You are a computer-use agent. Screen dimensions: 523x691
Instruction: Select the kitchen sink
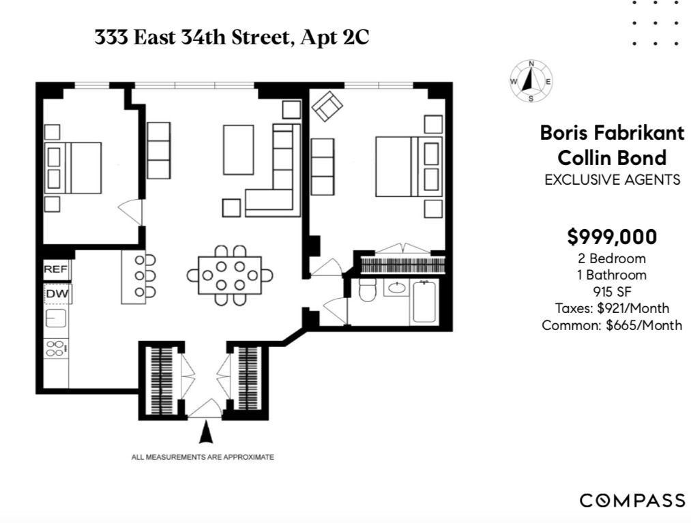(x=55, y=318)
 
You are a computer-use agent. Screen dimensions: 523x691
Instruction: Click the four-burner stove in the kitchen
(x=55, y=348)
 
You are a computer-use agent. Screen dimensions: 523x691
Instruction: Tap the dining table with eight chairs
(x=230, y=275)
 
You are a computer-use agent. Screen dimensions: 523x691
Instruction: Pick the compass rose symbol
(x=531, y=82)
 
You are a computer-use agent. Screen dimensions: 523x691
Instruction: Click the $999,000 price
(x=612, y=237)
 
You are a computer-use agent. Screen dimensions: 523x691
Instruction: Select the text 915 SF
(x=612, y=292)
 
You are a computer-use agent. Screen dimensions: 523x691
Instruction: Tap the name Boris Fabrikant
(x=612, y=133)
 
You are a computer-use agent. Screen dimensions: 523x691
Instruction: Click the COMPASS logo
(x=632, y=500)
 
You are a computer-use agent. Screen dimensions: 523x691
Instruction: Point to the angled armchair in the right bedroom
(x=327, y=106)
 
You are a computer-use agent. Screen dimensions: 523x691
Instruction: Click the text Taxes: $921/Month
(x=612, y=308)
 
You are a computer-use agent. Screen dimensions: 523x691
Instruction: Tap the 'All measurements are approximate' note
(x=203, y=457)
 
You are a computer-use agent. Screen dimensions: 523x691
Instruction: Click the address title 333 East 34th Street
(x=232, y=38)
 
